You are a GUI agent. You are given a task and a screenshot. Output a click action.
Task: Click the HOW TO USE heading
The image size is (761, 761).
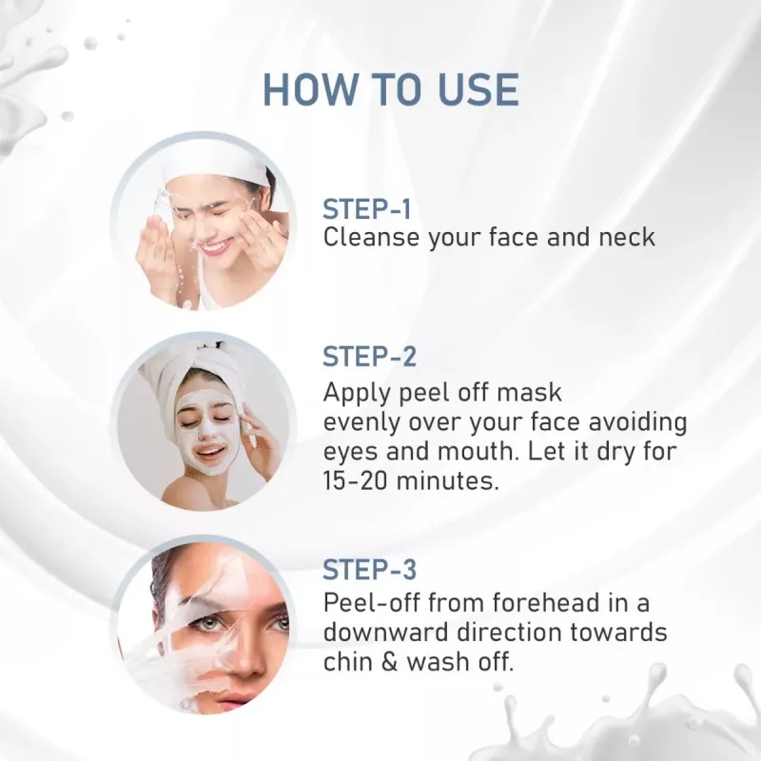pyautogui.click(x=390, y=88)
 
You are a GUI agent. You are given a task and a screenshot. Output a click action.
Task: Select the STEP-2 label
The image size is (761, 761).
pyautogui.click(x=370, y=358)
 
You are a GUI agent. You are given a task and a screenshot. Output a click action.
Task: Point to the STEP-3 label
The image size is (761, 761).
pyautogui.click(x=370, y=571)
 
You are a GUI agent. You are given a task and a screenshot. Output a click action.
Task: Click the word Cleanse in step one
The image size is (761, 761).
pyautogui.click(x=371, y=238)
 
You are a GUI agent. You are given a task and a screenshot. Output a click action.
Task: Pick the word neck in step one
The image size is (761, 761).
pyautogui.click(x=625, y=238)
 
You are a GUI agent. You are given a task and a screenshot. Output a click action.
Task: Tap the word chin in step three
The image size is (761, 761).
pyautogui.click(x=348, y=662)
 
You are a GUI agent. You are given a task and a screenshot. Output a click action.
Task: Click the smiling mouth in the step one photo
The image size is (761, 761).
pyautogui.click(x=215, y=246)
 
